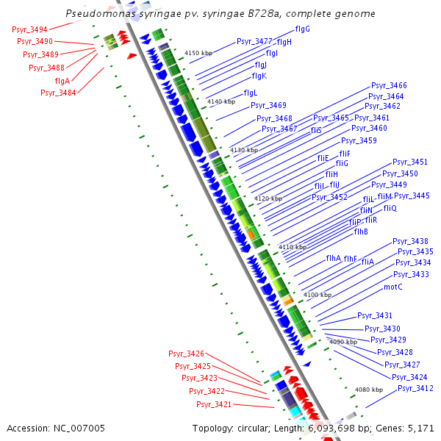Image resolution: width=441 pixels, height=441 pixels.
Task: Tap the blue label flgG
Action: click(302, 29)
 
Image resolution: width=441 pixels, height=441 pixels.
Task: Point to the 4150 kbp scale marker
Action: click(198, 53)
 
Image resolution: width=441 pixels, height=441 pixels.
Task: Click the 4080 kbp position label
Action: click(369, 389)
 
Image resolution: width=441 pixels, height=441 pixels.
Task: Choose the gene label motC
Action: click(393, 287)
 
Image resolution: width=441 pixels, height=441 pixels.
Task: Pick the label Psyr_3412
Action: click(415, 388)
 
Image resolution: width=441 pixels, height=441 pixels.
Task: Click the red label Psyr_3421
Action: click(214, 404)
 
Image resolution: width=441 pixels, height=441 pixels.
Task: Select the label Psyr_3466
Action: click(389, 85)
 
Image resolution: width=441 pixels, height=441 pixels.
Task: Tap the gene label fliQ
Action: click(390, 208)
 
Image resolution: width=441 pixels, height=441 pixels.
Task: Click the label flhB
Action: click(361, 232)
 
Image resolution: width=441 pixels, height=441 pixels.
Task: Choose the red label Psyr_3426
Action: click(186, 354)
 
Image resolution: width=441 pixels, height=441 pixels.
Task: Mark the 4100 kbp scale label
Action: click(318, 294)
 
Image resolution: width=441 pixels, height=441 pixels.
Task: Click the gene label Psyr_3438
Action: click(410, 241)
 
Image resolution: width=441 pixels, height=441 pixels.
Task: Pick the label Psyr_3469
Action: click(268, 105)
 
